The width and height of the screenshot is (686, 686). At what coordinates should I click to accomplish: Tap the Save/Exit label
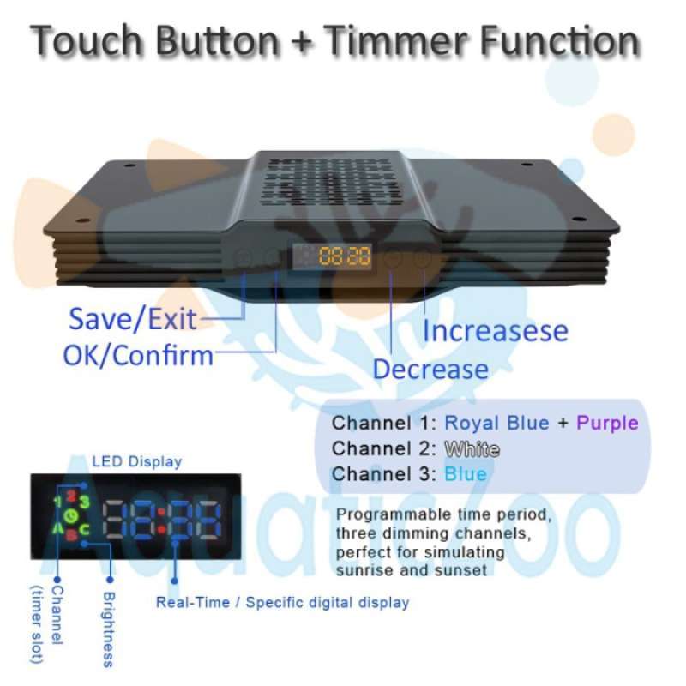tap(132, 319)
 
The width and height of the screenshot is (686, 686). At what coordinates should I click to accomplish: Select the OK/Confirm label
tap(138, 353)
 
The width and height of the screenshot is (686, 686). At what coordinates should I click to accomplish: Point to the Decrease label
tap(430, 370)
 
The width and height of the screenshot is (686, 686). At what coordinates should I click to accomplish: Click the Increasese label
tap(495, 330)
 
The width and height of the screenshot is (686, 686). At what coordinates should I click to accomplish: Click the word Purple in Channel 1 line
tap(607, 423)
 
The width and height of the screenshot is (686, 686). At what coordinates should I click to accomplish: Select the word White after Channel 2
tap(472, 448)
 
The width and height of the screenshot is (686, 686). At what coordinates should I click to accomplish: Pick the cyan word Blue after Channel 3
tap(466, 474)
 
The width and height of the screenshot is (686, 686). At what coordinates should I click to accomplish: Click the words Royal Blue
tap(497, 423)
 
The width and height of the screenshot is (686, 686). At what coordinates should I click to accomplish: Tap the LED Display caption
tap(136, 461)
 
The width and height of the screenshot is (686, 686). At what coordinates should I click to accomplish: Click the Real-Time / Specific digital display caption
tap(282, 602)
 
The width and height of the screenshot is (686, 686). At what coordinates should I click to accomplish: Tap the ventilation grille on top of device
tap(333, 181)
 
